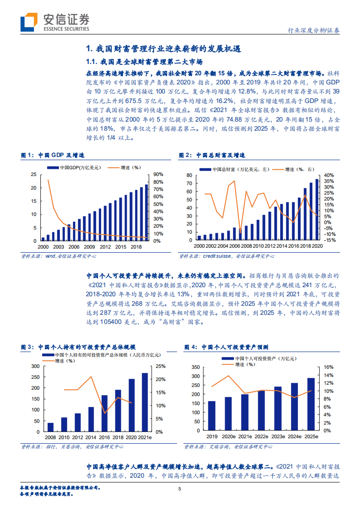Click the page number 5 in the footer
(x=180, y=489)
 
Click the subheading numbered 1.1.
(x=144, y=61)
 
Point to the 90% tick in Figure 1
(x=158, y=174)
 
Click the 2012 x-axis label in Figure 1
(x=105, y=246)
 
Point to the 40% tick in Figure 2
(x=329, y=175)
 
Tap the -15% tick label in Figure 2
(x=329, y=240)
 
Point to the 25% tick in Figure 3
(x=160, y=366)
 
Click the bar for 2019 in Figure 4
(x=212, y=415)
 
